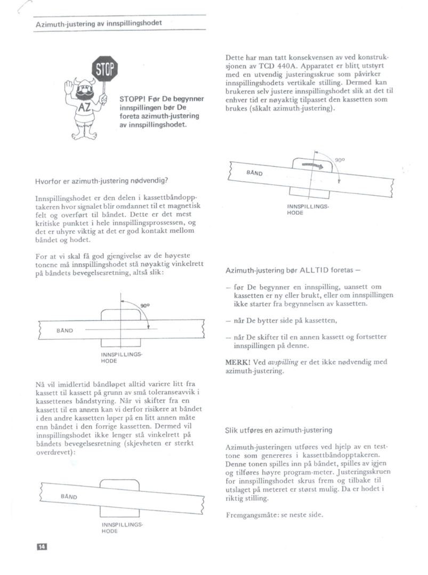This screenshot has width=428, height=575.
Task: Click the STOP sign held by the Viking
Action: (x=104, y=69)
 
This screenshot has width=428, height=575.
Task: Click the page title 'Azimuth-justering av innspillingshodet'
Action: (x=99, y=23)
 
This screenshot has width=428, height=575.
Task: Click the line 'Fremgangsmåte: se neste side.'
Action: (x=275, y=515)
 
